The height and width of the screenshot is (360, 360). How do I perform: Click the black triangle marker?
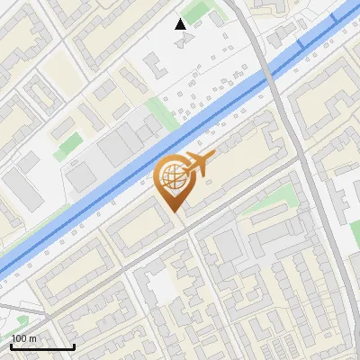(x=181, y=24)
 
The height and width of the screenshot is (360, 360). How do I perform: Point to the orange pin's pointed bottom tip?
(x=175, y=211)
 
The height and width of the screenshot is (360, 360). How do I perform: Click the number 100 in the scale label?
(x=19, y=338)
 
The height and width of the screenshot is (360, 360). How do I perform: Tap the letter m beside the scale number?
(x=32, y=338)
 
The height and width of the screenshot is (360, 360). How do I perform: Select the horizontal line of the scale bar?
(x=41, y=346)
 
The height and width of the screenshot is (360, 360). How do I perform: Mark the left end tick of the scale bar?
(x=10, y=345)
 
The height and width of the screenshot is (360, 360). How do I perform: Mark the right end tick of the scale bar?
(x=73, y=345)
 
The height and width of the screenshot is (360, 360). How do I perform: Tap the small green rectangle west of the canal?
(x=67, y=147)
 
